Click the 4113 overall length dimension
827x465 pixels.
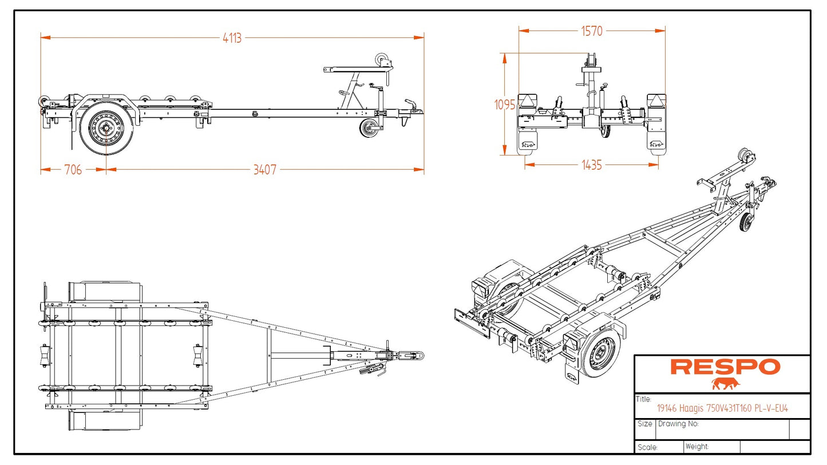click(232, 38)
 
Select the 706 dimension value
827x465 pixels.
click(73, 169)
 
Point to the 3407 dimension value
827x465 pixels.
click(264, 169)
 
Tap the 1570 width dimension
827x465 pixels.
click(592, 31)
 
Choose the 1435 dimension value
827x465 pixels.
click(592, 165)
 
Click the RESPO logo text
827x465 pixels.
click(725, 367)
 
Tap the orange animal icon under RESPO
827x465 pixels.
click(725, 383)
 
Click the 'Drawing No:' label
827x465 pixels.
click(678, 424)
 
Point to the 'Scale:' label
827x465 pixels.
click(647, 447)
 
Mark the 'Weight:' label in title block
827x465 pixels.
click(697, 447)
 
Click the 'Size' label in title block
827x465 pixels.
click(644, 424)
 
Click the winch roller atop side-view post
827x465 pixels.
click(382, 59)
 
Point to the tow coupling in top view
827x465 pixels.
click(411, 355)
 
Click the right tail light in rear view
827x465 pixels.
click(656, 101)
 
